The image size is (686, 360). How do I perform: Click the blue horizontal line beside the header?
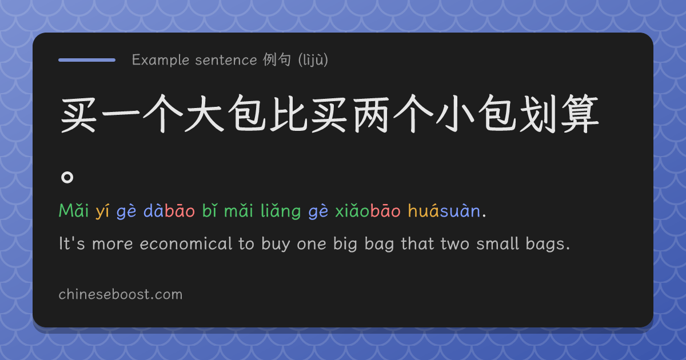pos(87,60)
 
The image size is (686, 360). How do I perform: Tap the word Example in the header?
pos(161,60)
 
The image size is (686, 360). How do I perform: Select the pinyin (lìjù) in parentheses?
pos(313,60)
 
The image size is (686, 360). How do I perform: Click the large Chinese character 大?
pos(205,114)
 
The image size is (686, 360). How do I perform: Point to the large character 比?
pos(289,114)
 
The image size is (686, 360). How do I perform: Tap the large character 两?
pos(372,114)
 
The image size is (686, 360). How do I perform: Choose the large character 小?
pos(455,114)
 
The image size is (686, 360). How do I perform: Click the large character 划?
pos(539,114)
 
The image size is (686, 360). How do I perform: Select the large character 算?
pos(580,114)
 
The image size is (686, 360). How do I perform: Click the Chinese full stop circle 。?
pos(67,177)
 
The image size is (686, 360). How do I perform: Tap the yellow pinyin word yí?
pos(102,211)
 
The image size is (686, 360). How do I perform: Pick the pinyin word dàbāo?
pos(169,211)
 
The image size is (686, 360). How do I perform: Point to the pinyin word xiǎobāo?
pos(368,211)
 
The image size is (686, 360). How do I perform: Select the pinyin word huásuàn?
pos(444,211)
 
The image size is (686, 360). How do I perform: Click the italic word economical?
pos(186,244)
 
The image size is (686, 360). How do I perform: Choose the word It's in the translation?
pos(71,244)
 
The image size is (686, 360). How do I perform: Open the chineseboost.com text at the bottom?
pos(121,294)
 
